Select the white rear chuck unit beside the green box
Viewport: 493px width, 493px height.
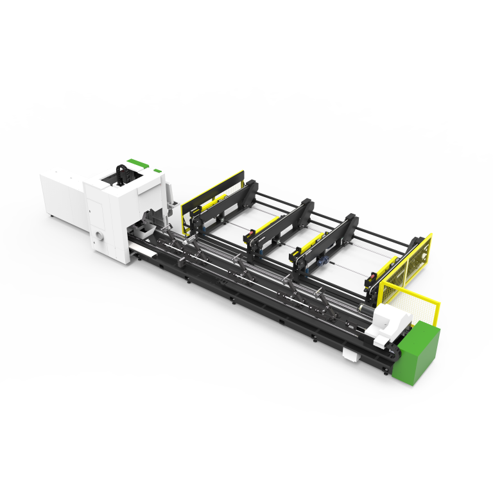point(388,320)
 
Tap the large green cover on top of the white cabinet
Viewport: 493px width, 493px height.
point(135,162)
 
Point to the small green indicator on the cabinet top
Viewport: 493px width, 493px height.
point(157,170)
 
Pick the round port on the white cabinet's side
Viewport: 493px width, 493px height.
point(98,236)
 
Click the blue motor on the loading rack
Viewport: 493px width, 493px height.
point(325,262)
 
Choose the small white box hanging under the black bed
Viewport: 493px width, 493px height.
point(349,353)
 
